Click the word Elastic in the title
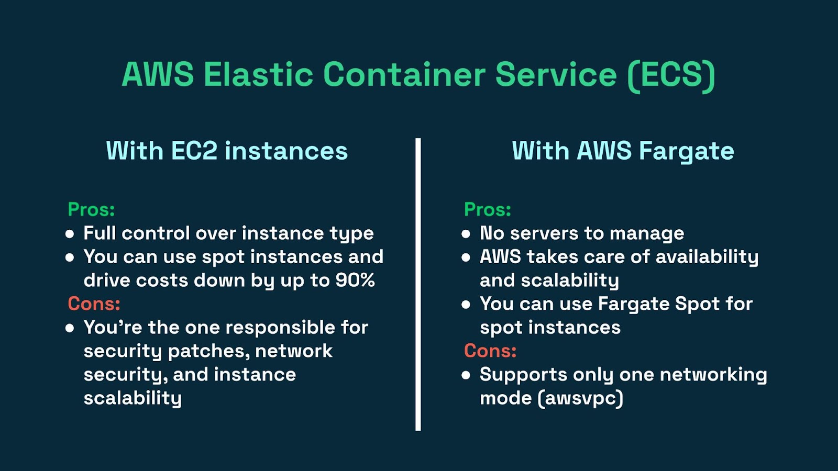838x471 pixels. click(258, 74)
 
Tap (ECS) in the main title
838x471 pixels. click(671, 76)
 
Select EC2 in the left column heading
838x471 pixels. click(194, 151)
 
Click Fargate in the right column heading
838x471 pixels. click(687, 152)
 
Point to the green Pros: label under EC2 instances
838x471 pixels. click(91, 209)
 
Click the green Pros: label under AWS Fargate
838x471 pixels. click(488, 209)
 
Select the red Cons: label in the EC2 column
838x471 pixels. click(94, 304)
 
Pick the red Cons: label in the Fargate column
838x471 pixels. click(490, 351)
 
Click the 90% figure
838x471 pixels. click(355, 280)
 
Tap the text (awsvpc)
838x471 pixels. click(580, 398)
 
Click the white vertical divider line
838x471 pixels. click(418, 285)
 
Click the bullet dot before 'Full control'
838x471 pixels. click(70, 234)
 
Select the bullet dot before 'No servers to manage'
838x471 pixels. click(466, 234)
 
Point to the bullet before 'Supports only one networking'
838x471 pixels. click(466, 375)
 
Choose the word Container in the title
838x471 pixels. click(404, 74)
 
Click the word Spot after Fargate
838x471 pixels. click(697, 304)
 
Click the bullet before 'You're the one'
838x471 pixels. click(70, 328)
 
